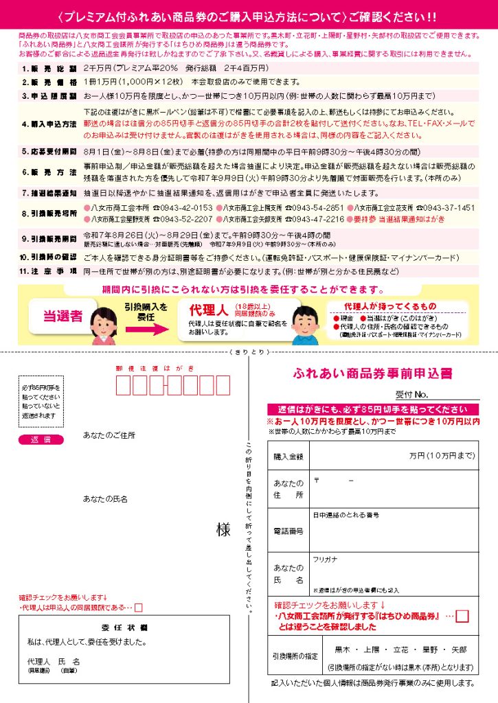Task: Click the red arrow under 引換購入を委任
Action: (146, 329)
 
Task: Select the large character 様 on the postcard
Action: (223, 529)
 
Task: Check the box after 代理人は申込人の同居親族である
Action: (139, 607)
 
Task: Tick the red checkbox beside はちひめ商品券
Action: (462, 616)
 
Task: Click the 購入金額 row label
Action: (288, 456)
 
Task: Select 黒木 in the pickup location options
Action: (343, 649)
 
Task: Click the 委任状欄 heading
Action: (123, 627)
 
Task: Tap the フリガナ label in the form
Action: (325, 560)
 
